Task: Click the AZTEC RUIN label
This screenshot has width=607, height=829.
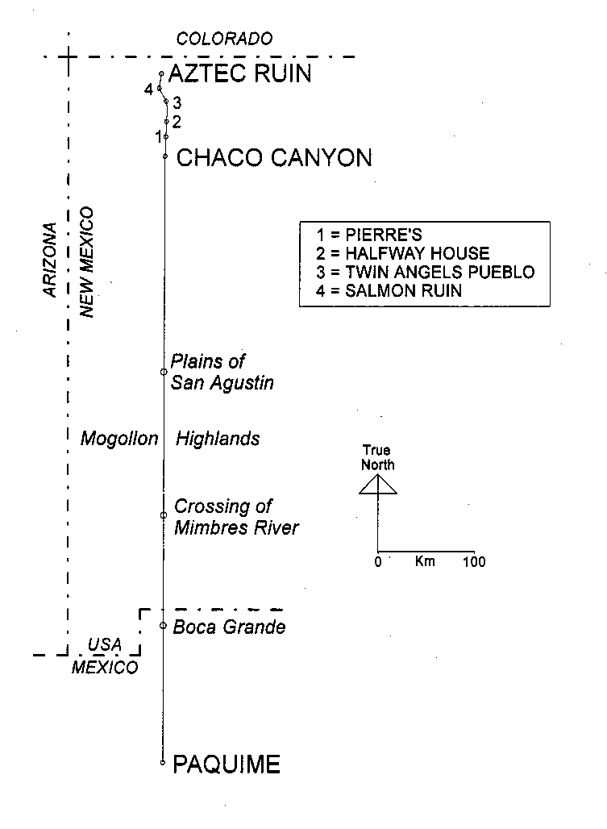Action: tap(240, 73)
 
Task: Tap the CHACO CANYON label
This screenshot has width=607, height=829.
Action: tap(274, 157)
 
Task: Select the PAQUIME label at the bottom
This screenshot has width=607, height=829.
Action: tap(227, 764)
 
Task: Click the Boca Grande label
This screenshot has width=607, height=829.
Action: tap(229, 627)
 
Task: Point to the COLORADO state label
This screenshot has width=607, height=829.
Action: tap(225, 39)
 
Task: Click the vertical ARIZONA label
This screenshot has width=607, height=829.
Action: tap(50, 260)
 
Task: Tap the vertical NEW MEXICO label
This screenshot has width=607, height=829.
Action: tap(86, 262)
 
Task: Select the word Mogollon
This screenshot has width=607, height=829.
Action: tap(119, 439)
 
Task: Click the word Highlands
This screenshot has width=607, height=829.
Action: tap(218, 439)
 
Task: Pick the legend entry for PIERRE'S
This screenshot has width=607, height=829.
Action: tap(369, 235)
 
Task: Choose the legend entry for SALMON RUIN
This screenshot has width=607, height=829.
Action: tap(389, 291)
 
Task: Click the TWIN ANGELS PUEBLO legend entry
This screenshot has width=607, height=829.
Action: tap(426, 273)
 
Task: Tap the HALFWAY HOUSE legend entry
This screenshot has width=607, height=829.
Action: tap(402, 253)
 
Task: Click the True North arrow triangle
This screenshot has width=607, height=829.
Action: tap(378, 485)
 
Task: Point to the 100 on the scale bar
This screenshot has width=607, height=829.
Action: tap(474, 561)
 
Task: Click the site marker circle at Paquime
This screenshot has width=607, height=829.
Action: tap(163, 762)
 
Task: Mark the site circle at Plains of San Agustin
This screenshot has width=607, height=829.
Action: tap(164, 372)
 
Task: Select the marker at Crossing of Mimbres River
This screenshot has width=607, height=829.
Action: tap(164, 515)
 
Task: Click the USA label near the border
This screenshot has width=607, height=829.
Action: tap(105, 645)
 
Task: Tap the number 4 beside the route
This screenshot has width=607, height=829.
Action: tap(149, 90)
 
